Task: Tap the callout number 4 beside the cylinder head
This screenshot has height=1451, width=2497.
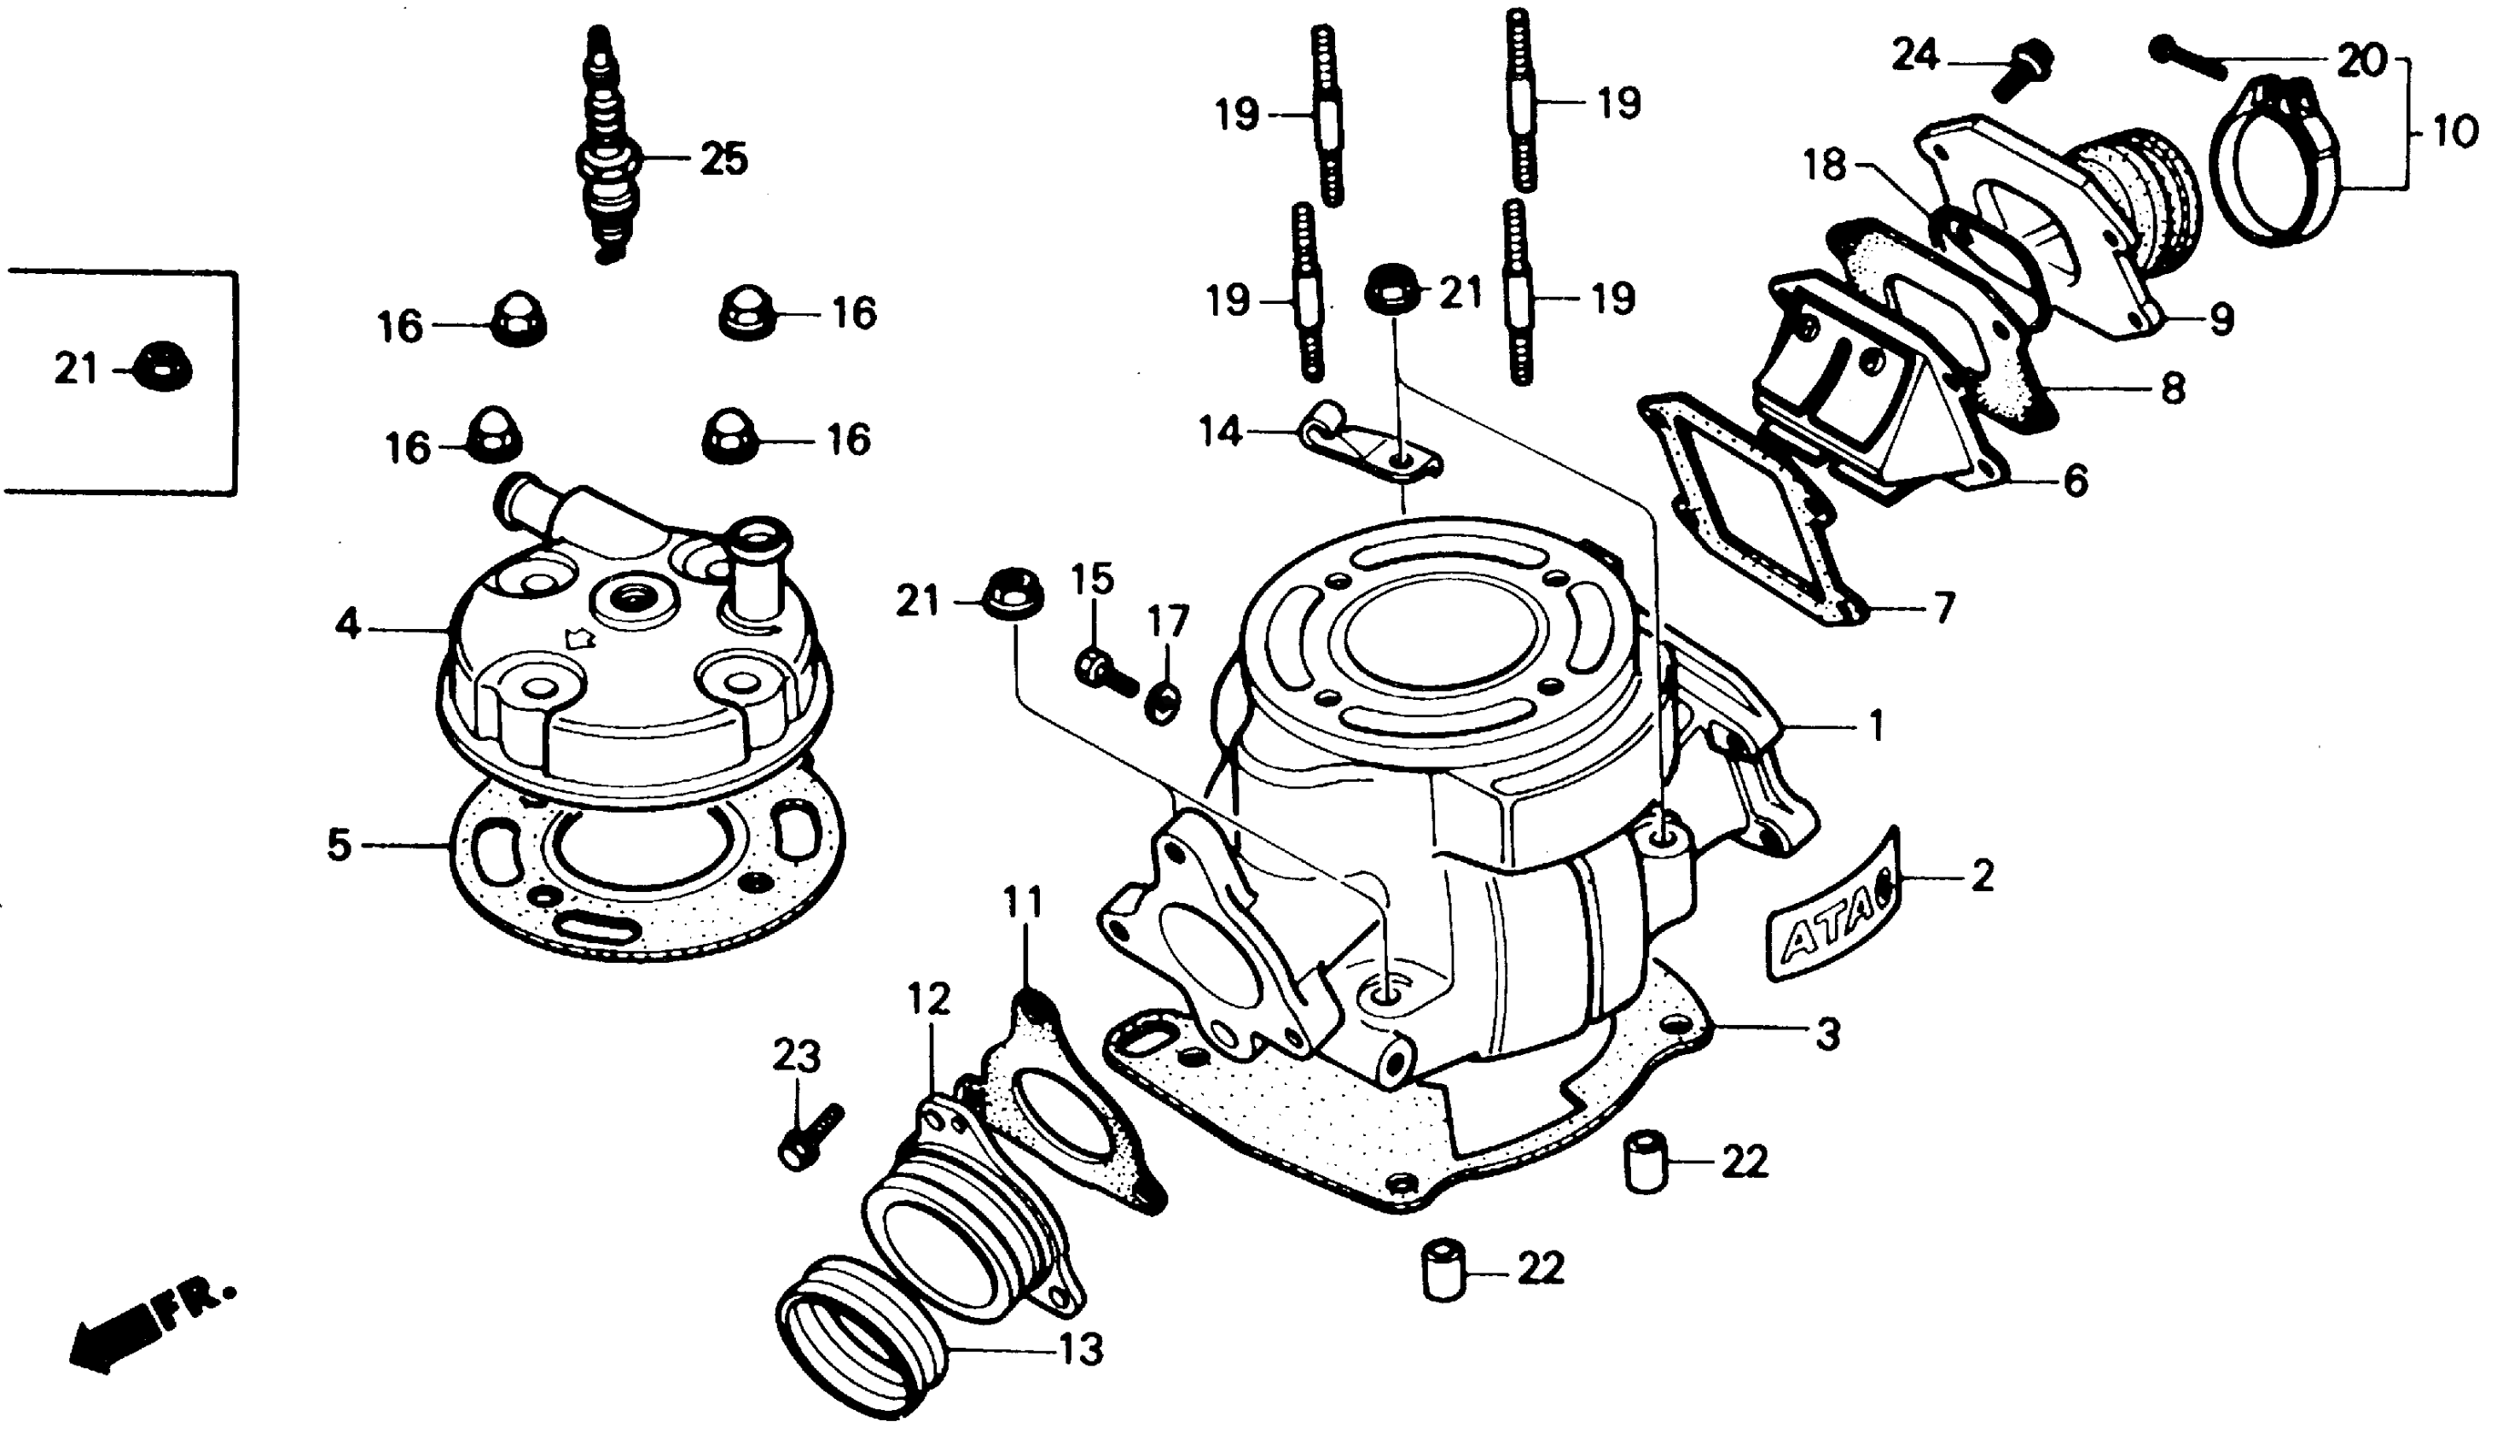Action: (x=348, y=626)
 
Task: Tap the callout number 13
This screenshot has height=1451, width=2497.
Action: (x=1081, y=1348)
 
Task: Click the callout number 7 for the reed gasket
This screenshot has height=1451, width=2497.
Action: (x=1944, y=607)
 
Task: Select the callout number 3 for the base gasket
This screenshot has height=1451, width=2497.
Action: (x=1827, y=1034)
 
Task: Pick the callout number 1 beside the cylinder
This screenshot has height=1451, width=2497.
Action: (x=1875, y=726)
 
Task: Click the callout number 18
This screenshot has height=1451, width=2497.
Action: (x=1825, y=165)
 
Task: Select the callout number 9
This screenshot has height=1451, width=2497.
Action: (x=2221, y=319)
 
